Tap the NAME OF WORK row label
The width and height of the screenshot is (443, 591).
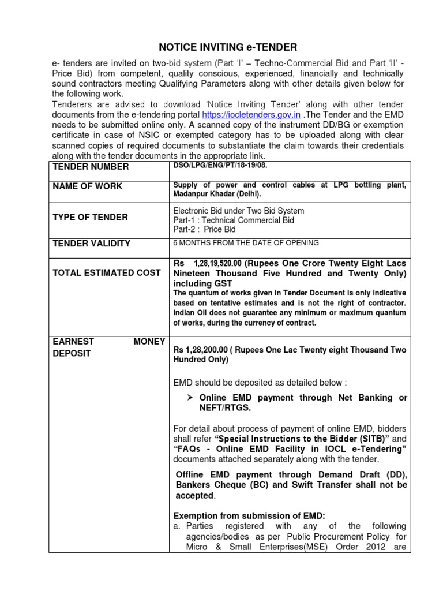[x=88, y=186]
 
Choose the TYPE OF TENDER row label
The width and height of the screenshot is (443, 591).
[x=91, y=218]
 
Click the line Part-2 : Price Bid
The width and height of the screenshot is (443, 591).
[x=204, y=229]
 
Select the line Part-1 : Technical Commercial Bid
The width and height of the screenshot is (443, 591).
[x=225, y=220]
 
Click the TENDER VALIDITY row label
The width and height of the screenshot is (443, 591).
[x=92, y=244]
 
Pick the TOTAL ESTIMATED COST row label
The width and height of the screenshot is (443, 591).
[x=107, y=273]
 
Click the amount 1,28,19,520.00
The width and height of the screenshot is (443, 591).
[x=216, y=263]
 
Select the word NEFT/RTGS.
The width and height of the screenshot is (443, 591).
[x=226, y=407]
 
